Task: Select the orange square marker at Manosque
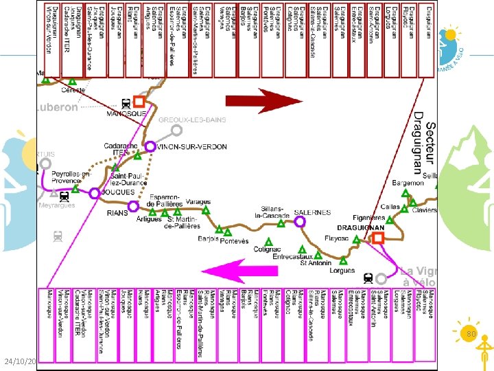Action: click(x=139, y=101)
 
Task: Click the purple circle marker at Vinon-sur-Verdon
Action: click(x=150, y=146)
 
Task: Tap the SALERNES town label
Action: click(x=312, y=212)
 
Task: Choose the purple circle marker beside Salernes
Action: click(x=300, y=222)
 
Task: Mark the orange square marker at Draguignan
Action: click(x=377, y=238)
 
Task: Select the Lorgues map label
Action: click(x=342, y=271)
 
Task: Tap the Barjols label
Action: click(x=207, y=239)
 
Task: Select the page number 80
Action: click(x=471, y=334)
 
